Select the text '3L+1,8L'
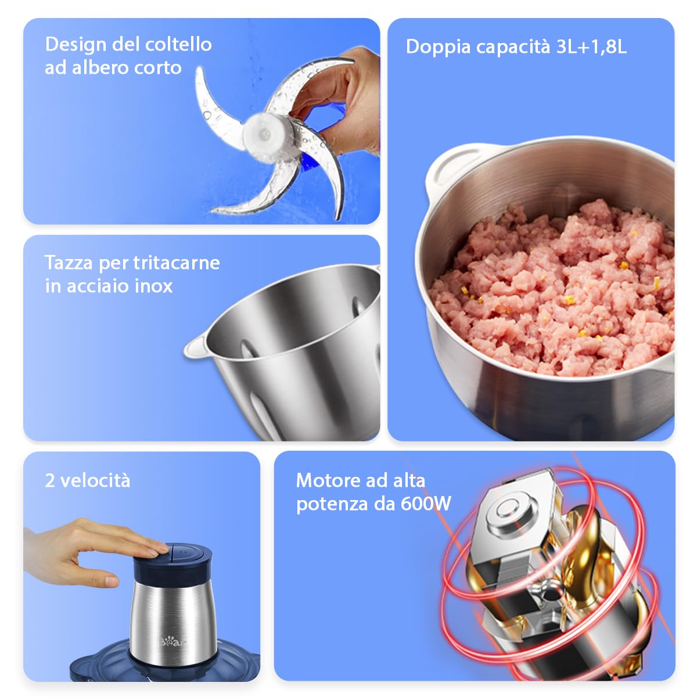click(591, 46)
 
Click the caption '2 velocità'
click(88, 481)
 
